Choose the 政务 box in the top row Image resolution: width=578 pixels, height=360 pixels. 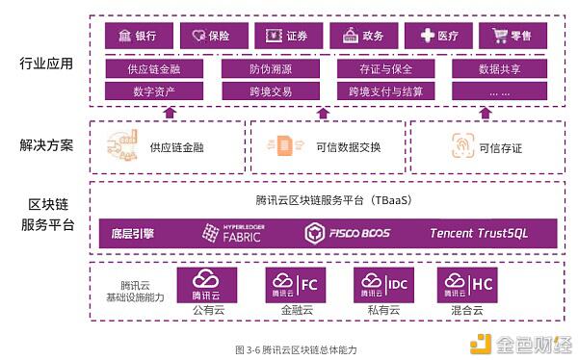pos(363,36)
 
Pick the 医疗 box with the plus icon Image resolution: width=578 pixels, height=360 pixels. pos(438,36)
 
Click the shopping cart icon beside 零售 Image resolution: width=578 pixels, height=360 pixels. pos(500,36)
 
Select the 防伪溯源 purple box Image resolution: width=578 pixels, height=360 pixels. pos(259,68)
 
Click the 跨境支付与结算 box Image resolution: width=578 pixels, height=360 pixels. pos(385,91)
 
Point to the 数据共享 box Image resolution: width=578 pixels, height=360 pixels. pos(500,68)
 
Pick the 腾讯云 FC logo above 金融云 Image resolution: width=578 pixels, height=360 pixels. pos(293,285)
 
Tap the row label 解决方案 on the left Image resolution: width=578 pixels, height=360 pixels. pos(46,145)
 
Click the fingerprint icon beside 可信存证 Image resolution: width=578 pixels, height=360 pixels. pos(461,146)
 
